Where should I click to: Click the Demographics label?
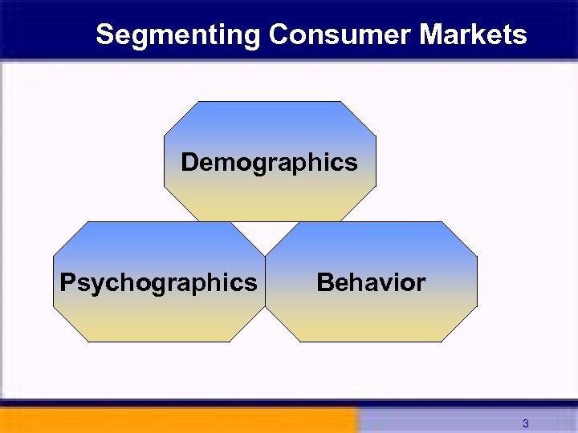click(269, 163)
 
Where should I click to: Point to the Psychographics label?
click(158, 283)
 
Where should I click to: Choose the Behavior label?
click(371, 283)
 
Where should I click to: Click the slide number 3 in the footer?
click(525, 423)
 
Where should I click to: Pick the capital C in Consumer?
click(279, 35)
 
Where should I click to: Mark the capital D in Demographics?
click(189, 163)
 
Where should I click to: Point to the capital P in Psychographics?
click(67, 283)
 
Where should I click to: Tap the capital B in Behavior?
click(325, 283)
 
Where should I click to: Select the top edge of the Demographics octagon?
click(270, 102)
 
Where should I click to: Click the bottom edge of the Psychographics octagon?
click(158, 342)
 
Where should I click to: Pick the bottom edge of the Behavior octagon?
click(371, 342)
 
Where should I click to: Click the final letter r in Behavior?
click(421, 284)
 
